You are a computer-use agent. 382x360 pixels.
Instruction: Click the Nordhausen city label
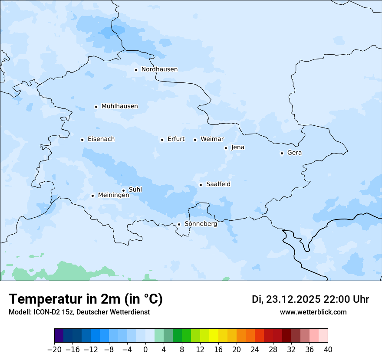pos(159,69)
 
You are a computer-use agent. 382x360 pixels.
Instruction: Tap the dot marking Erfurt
pos(162,140)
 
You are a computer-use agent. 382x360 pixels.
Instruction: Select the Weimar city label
pos(212,139)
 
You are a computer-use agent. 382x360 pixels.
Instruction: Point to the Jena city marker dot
pos(226,148)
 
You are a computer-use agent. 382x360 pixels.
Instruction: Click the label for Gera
pos(294,153)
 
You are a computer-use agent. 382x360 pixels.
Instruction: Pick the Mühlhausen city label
pos(119,106)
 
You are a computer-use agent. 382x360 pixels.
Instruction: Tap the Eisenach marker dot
pos(82,140)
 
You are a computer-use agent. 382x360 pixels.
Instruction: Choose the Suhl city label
pos(135,190)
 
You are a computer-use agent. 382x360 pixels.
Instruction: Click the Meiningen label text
pos(113,195)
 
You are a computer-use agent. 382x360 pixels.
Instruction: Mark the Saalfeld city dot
pos(201,185)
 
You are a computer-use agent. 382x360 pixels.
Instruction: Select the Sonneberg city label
pos(201,224)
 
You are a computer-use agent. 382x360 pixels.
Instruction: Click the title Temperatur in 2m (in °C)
pos(86,299)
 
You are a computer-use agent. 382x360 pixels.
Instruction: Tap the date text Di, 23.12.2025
pos(286,299)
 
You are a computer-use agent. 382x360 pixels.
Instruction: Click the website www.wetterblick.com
pos(313,312)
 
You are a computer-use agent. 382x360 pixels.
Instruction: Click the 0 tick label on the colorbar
pos(145,350)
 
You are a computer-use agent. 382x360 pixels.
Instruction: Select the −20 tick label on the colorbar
pos(55,350)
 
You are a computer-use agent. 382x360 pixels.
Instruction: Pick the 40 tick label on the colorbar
pos(328,350)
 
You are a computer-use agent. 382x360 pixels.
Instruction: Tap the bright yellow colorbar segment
pos(214,336)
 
